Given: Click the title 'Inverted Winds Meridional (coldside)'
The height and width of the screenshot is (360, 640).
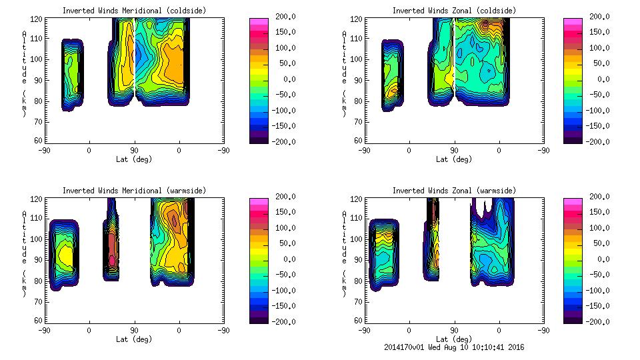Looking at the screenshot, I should [134, 11].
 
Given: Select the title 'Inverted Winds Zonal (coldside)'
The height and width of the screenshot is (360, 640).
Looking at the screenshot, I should [453, 11].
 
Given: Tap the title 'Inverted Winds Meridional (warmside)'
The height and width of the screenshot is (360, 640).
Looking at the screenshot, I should [134, 191].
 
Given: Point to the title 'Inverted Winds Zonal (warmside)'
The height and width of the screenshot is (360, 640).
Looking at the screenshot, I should [453, 191].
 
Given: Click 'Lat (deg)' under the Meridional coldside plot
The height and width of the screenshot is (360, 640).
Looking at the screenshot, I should [134, 159].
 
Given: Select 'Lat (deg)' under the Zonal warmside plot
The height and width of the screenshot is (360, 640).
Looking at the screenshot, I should [453, 339].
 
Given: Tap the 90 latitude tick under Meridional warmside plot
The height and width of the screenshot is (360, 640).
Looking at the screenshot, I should [134, 330].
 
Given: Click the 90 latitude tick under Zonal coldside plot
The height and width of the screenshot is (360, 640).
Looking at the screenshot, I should [454, 150].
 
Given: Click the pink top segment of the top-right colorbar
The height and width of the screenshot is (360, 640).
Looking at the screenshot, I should [573, 21].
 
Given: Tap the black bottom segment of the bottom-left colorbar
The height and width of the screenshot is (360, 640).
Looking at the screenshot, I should [259, 319].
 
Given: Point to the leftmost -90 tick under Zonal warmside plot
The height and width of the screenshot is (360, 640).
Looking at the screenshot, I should [363, 330].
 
